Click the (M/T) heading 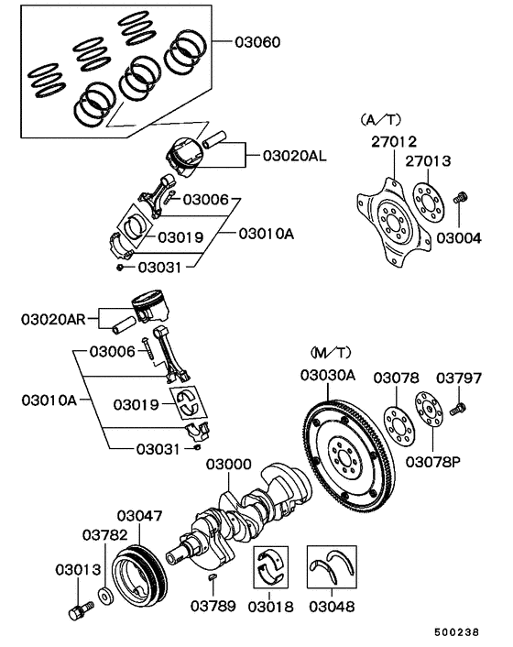click(330, 352)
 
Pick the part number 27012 click(393, 141)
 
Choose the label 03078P click(433, 460)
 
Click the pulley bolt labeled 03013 click(75, 609)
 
